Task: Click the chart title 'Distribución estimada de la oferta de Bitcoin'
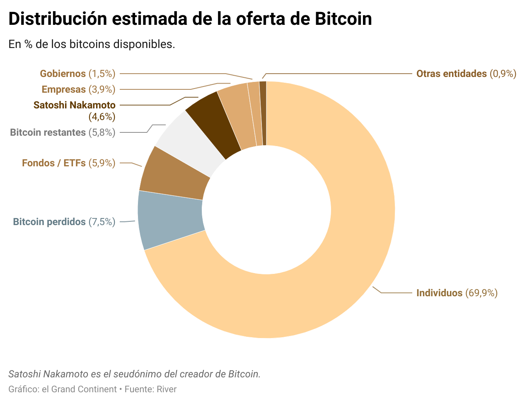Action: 190,19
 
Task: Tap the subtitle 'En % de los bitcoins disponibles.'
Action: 92,44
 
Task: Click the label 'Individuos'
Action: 439,293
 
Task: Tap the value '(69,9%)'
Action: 481,293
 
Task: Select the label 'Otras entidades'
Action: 451,74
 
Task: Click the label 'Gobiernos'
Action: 63,74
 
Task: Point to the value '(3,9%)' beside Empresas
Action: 102,89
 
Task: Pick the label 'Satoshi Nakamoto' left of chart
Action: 75,105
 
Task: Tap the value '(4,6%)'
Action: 102,117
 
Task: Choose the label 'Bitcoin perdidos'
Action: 49,222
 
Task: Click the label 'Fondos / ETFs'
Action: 54,163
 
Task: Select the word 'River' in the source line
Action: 167,389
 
